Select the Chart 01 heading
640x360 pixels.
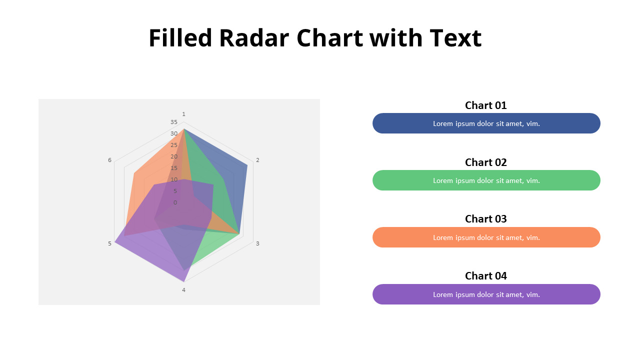(x=485, y=105)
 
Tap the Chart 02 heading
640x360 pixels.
(x=485, y=162)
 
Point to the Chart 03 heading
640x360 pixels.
(x=485, y=219)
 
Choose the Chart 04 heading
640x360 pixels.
(x=485, y=276)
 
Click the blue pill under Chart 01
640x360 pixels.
(x=486, y=123)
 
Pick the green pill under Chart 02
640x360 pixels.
(x=486, y=180)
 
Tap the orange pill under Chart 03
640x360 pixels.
(x=486, y=237)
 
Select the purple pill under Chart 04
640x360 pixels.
(x=486, y=294)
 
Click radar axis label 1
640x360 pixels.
(x=183, y=114)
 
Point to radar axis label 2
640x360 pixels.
(x=257, y=160)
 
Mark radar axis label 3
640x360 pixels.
(x=257, y=243)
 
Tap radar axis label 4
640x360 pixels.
(x=183, y=290)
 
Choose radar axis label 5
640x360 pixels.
(x=109, y=243)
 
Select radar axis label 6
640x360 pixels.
(x=109, y=160)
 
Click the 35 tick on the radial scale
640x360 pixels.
(x=173, y=122)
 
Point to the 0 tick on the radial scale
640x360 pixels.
(x=175, y=202)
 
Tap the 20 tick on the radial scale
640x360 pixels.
(x=173, y=156)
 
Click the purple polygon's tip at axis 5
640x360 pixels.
(x=115, y=242)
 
